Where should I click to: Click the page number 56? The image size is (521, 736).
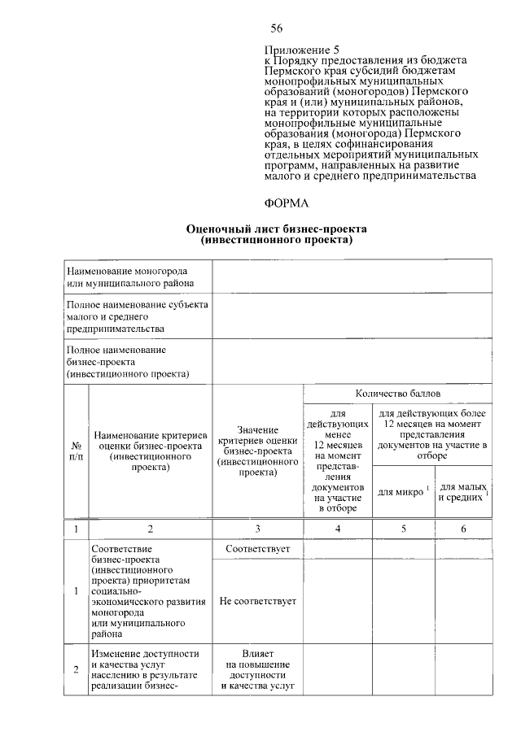(x=276, y=29)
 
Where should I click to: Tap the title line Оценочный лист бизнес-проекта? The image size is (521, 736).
(x=277, y=230)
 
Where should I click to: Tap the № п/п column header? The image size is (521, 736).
(x=76, y=452)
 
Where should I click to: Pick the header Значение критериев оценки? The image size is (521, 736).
(x=257, y=451)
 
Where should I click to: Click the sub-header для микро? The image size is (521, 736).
(x=401, y=491)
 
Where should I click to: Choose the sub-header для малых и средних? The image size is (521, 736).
(x=462, y=491)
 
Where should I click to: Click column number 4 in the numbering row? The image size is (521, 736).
(x=337, y=529)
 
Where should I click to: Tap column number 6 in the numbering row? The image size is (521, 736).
(x=463, y=529)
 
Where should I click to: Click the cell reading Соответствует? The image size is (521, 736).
(x=257, y=549)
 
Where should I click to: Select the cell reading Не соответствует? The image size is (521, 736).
(x=257, y=602)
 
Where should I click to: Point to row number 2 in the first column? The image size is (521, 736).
(x=76, y=669)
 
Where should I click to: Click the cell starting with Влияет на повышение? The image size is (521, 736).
(x=257, y=670)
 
